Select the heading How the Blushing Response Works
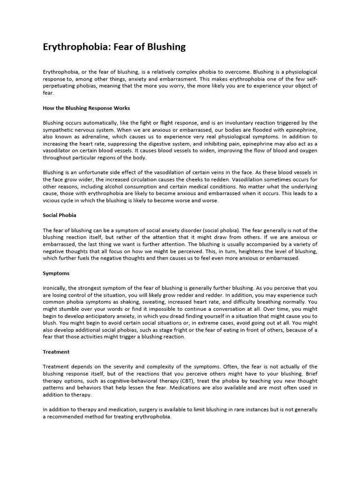pyautogui.click(x=86, y=108)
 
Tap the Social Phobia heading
pyautogui.click(x=60, y=215)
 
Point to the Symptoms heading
pyautogui.click(x=56, y=273)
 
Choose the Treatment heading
pyautogui.click(x=56, y=352)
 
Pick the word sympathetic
pyautogui.click(x=60, y=130)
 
